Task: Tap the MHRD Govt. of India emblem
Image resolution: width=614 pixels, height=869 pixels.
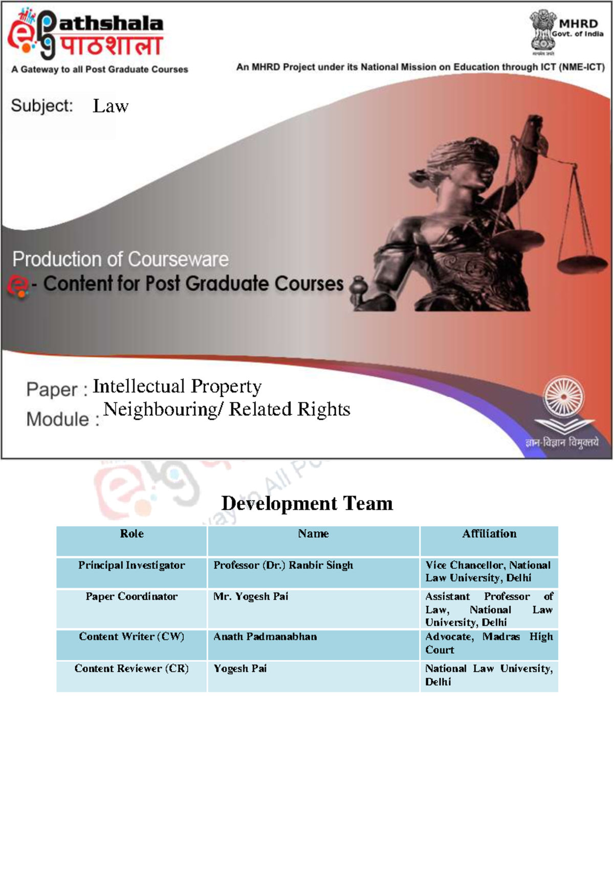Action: pos(543,31)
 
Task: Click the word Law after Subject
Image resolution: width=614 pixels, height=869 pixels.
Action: pos(111,106)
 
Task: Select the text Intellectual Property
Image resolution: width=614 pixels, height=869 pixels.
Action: pos(177,386)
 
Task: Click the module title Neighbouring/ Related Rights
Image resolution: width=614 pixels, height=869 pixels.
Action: pos(227,409)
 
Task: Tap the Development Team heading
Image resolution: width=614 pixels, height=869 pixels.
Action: pos(307,504)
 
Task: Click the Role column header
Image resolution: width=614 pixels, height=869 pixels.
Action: pos(131,534)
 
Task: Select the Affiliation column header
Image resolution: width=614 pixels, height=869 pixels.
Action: pos(489,534)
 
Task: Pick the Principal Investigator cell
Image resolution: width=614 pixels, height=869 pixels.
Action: pos(131,566)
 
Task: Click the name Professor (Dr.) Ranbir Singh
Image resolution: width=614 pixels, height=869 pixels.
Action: pos(283,566)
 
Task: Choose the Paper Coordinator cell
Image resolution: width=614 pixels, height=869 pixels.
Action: pos(131,597)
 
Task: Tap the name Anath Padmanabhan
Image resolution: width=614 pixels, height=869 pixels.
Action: pos(265,637)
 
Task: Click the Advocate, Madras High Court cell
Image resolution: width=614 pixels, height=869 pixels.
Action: pos(489,643)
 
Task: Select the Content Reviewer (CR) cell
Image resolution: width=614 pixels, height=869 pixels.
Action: pos(131,668)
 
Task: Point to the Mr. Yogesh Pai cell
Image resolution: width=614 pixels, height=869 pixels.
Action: pos(251,597)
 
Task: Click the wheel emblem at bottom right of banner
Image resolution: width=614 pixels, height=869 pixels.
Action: pos(564,397)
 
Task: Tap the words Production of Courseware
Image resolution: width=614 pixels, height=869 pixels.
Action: pos(121,259)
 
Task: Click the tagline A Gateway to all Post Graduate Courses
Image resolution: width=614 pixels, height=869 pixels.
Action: pos(100,70)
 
